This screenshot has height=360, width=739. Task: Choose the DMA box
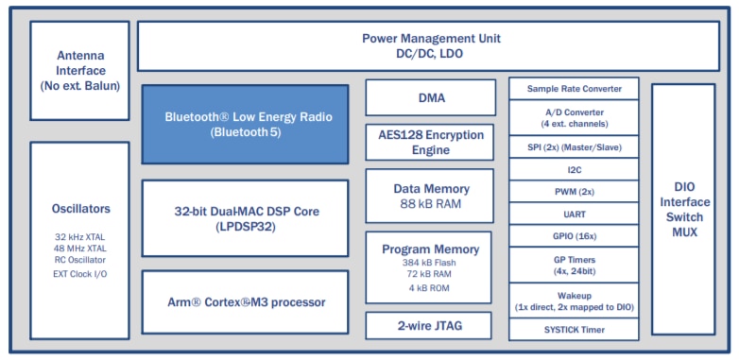click(430, 97)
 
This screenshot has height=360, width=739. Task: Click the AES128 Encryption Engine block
click(430, 142)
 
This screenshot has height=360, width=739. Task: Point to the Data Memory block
click(430, 196)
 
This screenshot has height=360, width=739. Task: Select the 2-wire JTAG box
click(430, 326)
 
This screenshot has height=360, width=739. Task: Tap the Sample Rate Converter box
click(574, 89)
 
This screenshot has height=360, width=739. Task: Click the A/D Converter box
click(574, 118)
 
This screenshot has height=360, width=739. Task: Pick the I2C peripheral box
click(574, 169)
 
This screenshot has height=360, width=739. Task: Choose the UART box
click(574, 214)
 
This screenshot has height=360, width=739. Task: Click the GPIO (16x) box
click(574, 235)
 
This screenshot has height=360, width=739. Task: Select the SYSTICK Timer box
click(574, 329)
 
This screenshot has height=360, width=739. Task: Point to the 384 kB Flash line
click(430, 262)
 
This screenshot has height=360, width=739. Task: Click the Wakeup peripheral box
click(574, 298)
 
